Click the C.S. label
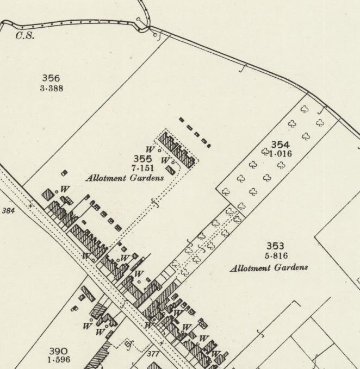point(25,36)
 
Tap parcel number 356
point(51,79)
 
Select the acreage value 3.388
point(51,88)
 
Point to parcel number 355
point(142,159)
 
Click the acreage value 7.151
point(142,168)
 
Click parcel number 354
point(280,145)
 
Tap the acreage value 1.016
point(280,154)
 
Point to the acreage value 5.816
point(275,256)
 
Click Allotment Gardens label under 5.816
point(269,267)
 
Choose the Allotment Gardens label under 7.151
point(125,178)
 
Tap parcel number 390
point(58,351)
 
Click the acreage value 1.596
point(58,360)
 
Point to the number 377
point(154,354)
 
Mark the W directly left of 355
point(151,149)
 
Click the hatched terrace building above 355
point(177,150)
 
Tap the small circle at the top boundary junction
point(139,20)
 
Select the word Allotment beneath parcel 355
point(105,178)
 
